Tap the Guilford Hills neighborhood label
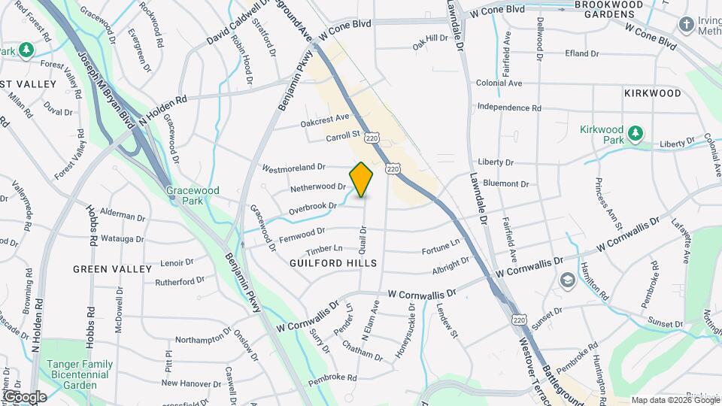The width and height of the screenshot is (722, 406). [x=333, y=263]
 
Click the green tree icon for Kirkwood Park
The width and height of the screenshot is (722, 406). [x=636, y=133]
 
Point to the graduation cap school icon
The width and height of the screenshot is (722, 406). [x=567, y=280]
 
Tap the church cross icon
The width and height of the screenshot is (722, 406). [x=686, y=25]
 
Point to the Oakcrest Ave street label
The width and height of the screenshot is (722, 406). [x=325, y=120]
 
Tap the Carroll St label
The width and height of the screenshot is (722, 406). [x=344, y=138]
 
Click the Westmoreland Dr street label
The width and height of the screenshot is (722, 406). [x=293, y=167]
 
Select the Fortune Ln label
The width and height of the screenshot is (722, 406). [x=441, y=245]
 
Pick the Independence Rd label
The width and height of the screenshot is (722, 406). [x=509, y=108]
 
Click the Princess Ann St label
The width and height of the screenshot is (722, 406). [x=608, y=204]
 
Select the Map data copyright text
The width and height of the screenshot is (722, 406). [x=675, y=400]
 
